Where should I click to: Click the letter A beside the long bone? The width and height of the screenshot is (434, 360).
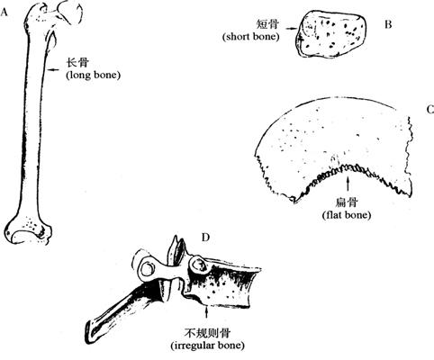[4, 13]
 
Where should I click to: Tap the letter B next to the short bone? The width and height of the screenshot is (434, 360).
[388, 24]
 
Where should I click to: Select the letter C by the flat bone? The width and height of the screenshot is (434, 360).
[430, 110]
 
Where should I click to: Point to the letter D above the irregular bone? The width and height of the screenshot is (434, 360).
[205, 238]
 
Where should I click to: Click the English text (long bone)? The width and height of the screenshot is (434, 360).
[93, 75]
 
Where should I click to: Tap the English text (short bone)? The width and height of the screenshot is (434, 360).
[251, 37]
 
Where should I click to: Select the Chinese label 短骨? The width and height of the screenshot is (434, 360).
[267, 24]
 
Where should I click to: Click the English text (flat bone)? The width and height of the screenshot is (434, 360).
[347, 215]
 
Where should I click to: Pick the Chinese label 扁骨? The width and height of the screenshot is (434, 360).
[347, 202]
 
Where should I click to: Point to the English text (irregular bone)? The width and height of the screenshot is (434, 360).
[207, 346]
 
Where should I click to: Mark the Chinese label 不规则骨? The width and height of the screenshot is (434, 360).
[207, 333]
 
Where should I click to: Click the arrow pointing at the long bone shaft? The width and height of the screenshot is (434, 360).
[53, 69]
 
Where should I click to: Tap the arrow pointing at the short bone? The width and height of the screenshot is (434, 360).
[292, 29]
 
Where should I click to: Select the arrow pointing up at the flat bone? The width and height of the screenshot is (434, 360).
[348, 184]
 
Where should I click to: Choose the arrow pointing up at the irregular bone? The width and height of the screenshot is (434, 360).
[206, 311]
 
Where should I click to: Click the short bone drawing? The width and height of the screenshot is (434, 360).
[331, 33]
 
